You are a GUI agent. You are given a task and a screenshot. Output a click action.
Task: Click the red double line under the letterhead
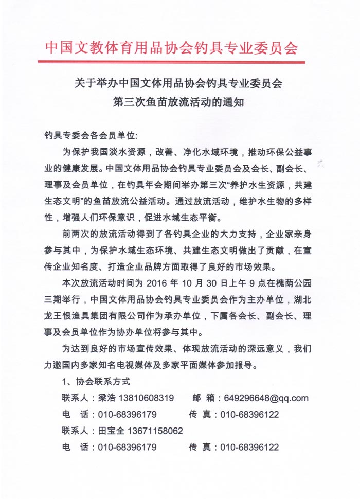click(x=171, y=62)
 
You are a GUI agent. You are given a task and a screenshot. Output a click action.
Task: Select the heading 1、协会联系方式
click(x=96, y=382)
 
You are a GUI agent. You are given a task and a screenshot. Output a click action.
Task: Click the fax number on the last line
click(x=249, y=447)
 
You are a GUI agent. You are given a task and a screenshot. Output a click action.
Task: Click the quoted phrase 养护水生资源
click(x=252, y=184)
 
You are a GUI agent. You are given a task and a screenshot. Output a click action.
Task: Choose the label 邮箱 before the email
click(x=203, y=398)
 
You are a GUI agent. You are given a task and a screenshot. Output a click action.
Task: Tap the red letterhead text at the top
click(x=171, y=47)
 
